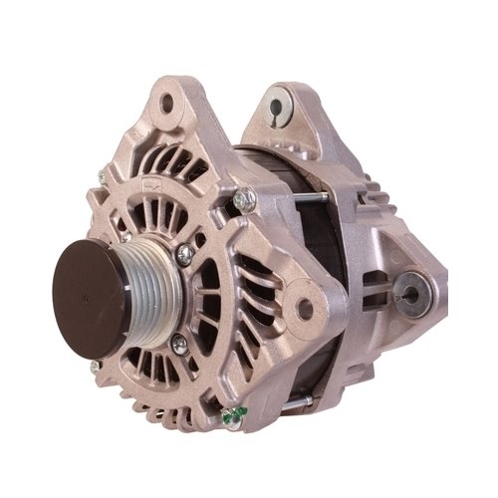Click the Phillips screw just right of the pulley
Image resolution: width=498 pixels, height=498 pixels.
(183, 255)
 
